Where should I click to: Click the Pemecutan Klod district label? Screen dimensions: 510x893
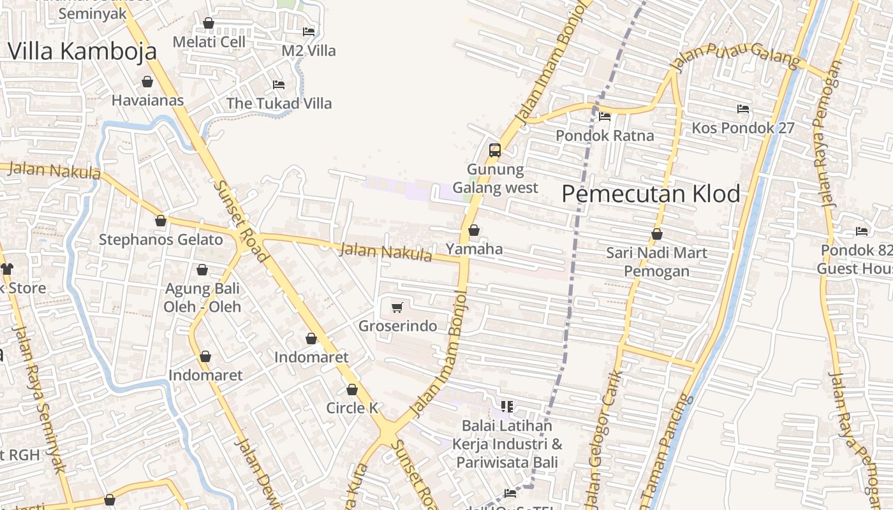tap(651, 194)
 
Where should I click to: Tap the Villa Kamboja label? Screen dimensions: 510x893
tap(82, 51)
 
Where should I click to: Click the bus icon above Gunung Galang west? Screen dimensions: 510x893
tap(495, 150)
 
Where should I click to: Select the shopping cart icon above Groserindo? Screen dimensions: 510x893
tap(397, 308)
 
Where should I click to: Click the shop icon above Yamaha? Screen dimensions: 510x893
tap(474, 230)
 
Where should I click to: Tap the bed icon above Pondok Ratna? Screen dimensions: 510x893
tap(605, 117)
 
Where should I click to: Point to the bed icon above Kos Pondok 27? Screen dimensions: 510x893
tap(743, 109)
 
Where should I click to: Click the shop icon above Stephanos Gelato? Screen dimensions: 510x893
tap(161, 221)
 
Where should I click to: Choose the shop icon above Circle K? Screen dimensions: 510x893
tap(352, 390)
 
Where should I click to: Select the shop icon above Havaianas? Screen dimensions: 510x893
tap(147, 82)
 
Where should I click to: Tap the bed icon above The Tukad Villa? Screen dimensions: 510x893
tap(279, 84)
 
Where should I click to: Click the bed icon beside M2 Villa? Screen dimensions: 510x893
tap(309, 31)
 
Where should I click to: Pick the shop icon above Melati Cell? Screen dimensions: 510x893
tap(209, 23)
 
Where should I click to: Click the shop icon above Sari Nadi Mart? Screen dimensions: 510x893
tap(657, 234)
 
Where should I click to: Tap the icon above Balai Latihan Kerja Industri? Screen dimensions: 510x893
tap(507, 406)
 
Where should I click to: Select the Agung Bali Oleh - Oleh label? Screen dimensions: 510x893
tap(202, 298)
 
